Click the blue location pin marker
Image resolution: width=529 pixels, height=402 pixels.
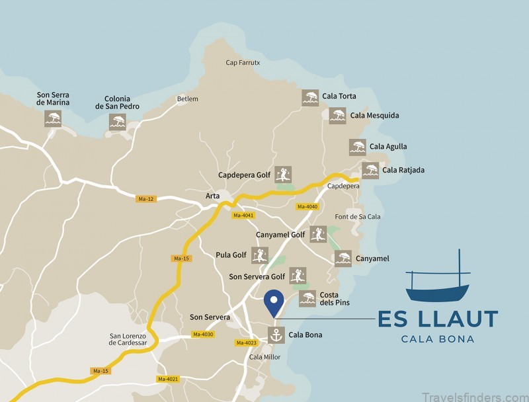pyautogui.click(x=274, y=303)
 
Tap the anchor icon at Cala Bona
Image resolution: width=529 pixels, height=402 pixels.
pyautogui.click(x=276, y=335)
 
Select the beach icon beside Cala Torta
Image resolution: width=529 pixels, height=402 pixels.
pyautogui.click(x=310, y=97)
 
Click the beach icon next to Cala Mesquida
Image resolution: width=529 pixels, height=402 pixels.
pyautogui.click(x=338, y=116)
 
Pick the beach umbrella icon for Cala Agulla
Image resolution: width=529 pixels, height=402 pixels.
pyautogui.click(x=358, y=147)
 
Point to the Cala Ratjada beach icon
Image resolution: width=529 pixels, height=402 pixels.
pyautogui.click(x=370, y=170)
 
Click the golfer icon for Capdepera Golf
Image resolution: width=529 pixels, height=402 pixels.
pyautogui.click(x=283, y=175)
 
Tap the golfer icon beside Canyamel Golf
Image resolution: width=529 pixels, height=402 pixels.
pyautogui.click(x=318, y=234)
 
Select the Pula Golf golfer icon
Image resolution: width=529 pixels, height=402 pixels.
pyautogui.click(x=260, y=255)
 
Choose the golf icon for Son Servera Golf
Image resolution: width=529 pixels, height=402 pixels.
pyautogui.click(x=298, y=276)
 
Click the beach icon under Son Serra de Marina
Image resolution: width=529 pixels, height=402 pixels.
pyautogui.click(x=53, y=119)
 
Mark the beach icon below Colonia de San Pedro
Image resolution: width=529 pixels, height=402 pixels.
pyautogui.click(x=117, y=122)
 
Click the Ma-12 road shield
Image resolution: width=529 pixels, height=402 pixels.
pyautogui.click(x=146, y=198)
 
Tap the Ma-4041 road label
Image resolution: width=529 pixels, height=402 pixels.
pyautogui.click(x=243, y=216)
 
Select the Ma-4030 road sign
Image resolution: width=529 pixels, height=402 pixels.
pyautogui.click(x=202, y=335)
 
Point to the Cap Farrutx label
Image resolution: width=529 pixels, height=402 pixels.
pyautogui.click(x=243, y=63)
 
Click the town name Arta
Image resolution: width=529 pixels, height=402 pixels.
pyautogui.click(x=212, y=196)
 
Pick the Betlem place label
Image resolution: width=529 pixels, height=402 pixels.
pyautogui.click(x=187, y=99)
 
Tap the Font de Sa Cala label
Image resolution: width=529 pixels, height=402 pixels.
pyautogui.click(x=358, y=217)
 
